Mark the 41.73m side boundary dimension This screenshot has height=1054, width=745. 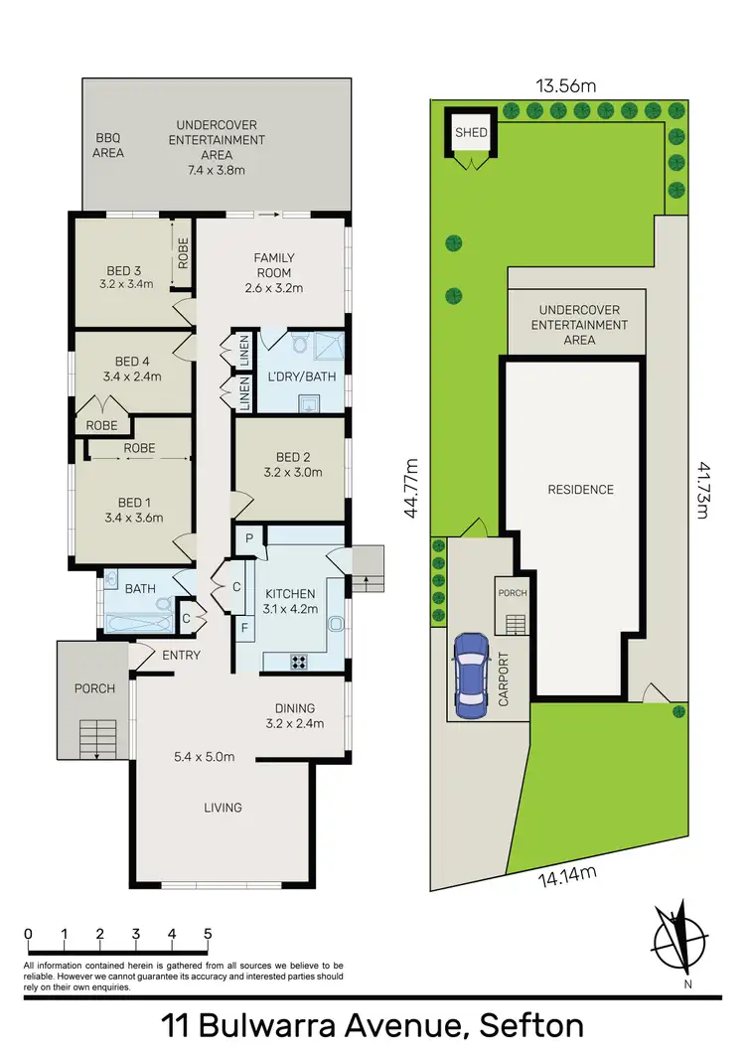tap(703, 490)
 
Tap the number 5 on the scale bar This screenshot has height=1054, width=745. tap(208, 934)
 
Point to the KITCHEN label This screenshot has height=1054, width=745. tap(290, 593)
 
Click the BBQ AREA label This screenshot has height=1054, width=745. tap(108, 146)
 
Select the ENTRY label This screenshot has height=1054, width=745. tap(181, 655)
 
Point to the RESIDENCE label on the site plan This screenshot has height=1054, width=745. tap(581, 490)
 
